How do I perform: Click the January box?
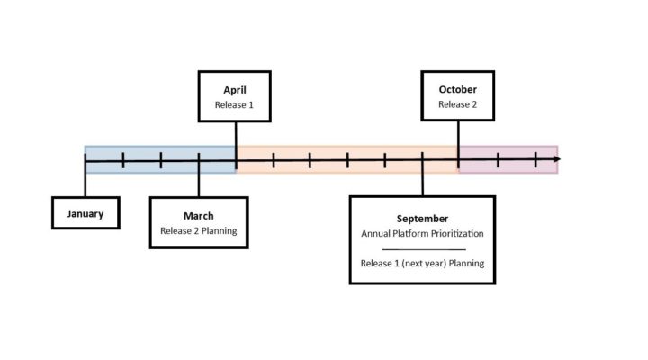85,214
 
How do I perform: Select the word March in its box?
199,216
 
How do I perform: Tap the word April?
235,90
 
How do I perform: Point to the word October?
458,90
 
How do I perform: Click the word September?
422,219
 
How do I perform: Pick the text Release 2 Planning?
199,230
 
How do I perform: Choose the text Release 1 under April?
235,104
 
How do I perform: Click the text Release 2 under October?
458,104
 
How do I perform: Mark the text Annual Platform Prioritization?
422,233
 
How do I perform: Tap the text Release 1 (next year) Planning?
422,264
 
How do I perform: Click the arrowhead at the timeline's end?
557,159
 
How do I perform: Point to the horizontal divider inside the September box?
422,248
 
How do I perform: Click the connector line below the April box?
236,135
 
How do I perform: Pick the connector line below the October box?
458,135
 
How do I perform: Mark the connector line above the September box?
422,180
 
